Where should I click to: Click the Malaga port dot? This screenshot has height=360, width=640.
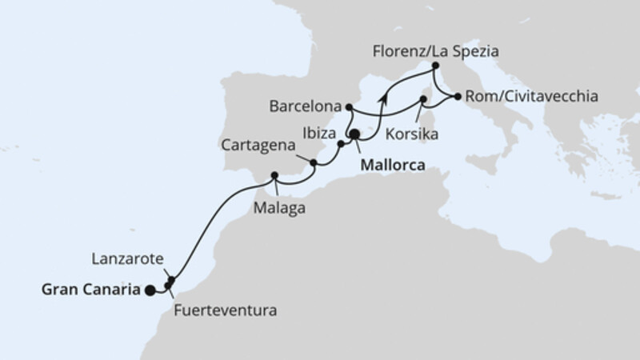pyautogui.click(x=274, y=175)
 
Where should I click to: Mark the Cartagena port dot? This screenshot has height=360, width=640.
pyautogui.click(x=314, y=163)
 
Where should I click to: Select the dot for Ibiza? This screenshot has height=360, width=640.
pyautogui.click(x=341, y=145)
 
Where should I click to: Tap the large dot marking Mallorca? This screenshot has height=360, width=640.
pyautogui.click(x=354, y=136)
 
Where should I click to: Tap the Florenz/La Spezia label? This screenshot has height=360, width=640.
pyautogui.click(x=435, y=51)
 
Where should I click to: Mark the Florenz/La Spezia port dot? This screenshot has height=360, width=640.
pyautogui.click(x=435, y=66)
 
